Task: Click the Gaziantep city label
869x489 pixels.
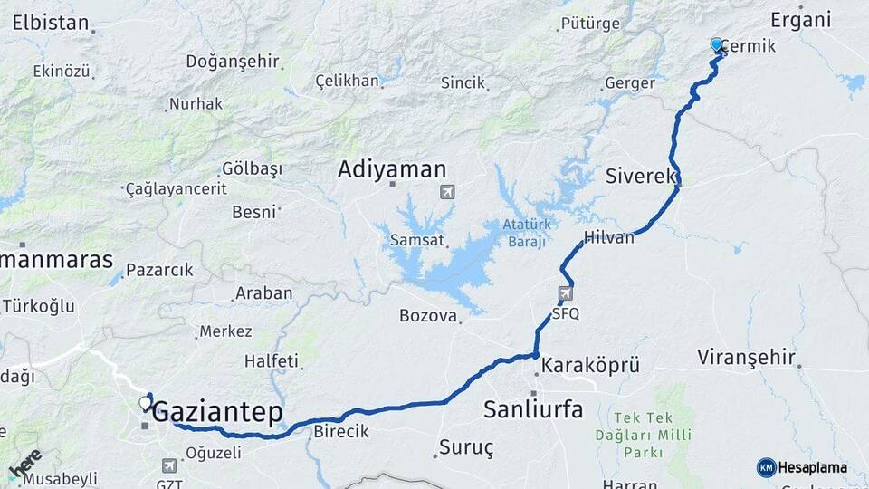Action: pos(217,413)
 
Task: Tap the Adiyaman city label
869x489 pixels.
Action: pos(392,169)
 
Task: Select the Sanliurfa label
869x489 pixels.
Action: pos(533,409)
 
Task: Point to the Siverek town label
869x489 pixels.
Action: pos(641,175)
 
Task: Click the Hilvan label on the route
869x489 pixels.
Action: pos(609,236)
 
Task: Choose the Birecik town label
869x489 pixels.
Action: pos(341,432)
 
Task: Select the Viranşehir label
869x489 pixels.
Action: pos(746,358)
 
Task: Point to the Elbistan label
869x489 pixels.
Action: pos(50,22)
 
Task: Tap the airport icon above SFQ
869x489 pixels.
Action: pos(566,293)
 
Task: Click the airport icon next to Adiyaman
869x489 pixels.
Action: pos(447,192)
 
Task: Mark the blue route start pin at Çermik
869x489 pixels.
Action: pos(717,44)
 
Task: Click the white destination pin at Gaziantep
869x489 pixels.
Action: pos(145,403)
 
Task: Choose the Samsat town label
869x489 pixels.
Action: pos(416,240)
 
